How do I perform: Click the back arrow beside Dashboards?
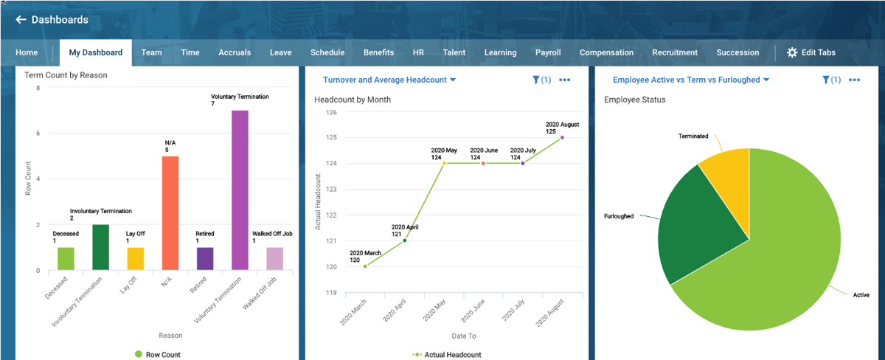(x=21, y=20)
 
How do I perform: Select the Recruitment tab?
(x=674, y=52)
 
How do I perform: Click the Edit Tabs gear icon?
(x=792, y=52)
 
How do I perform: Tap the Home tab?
(x=27, y=52)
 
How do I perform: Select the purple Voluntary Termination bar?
(x=240, y=190)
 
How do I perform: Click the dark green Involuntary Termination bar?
(x=101, y=247)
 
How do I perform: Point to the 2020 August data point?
(x=562, y=137)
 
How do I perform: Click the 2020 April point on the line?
(x=404, y=240)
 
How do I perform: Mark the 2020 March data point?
(x=365, y=266)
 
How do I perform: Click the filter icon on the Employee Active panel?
(x=826, y=80)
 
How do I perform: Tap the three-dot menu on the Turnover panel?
(x=564, y=80)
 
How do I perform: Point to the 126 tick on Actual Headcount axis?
(x=331, y=112)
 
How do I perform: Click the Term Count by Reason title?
(x=66, y=75)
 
